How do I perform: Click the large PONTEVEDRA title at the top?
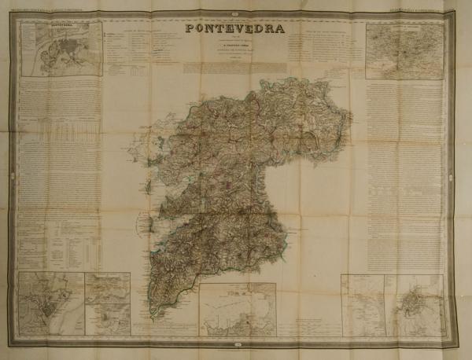point(236,30)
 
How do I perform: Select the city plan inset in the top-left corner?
point(61,49)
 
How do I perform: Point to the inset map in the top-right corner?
point(404,50)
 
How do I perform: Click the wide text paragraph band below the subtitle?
point(236,68)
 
